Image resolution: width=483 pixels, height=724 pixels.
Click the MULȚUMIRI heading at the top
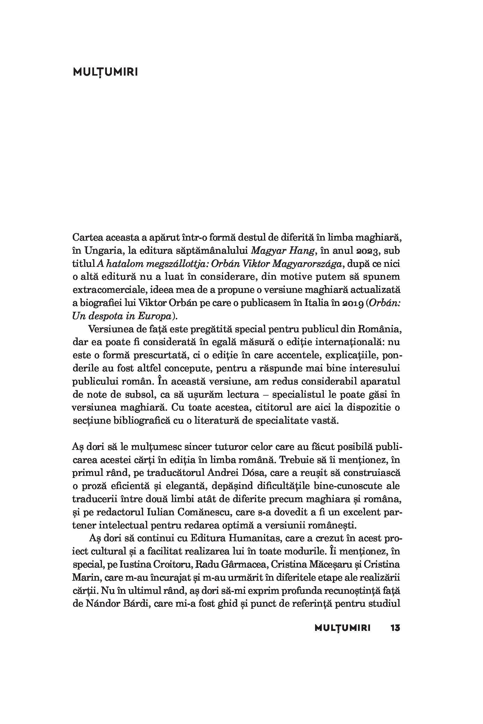click(105, 72)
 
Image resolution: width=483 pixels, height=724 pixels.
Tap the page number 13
click(395, 628)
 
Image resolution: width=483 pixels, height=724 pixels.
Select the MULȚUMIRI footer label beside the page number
click(342, 628)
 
